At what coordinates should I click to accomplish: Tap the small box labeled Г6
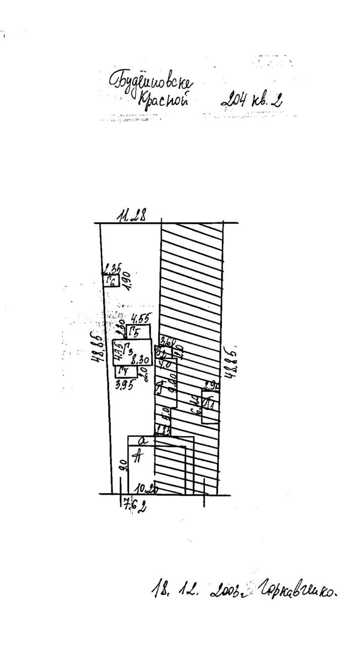111,281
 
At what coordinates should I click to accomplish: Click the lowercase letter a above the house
143,441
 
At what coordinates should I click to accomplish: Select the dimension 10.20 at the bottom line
146,489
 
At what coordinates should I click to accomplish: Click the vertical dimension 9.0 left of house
122,465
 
